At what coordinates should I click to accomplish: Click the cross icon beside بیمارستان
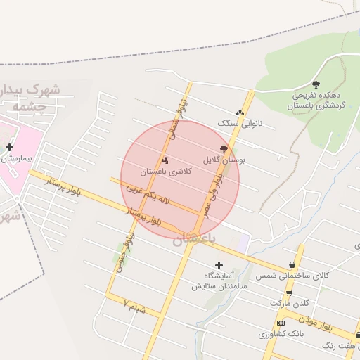[9, 147]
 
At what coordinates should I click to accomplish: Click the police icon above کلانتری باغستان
[165, 159]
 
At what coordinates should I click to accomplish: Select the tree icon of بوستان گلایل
[224, 149]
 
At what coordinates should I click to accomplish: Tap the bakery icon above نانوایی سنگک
[240, 112]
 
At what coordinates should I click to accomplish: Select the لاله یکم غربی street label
[150, 195]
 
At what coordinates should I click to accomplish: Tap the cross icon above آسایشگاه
[219, 265]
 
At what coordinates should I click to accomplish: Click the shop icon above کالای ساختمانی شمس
[292, 265]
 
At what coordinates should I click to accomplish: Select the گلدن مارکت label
[289, 302]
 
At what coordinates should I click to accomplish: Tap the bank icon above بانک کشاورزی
[281, 323]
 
